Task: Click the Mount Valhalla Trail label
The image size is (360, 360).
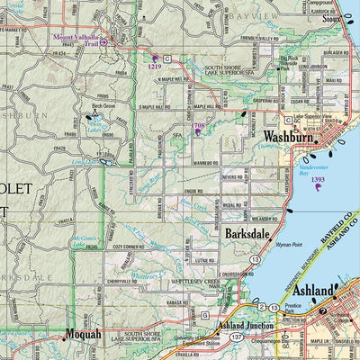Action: coord(76,40)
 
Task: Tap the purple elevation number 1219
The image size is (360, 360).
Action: coord(155,67)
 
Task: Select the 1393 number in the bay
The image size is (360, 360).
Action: coord(318,180)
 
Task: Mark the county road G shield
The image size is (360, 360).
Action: coord(205,315)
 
